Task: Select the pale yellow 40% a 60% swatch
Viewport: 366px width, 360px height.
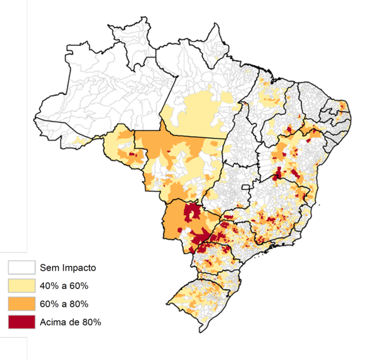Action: tap(22, 286)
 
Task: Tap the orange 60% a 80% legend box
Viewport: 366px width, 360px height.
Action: tap(22, 304)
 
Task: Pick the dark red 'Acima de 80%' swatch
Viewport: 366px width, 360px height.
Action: tap(22, 322)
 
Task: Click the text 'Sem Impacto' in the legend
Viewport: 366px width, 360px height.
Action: tap(68, 267)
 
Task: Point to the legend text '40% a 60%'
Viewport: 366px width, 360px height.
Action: tap(64, 286)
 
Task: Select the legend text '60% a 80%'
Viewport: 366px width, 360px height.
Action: tap(64, 304)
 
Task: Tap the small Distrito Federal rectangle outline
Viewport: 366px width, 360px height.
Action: tap(246, 187)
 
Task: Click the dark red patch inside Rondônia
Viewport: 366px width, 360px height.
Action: tap(132, 154)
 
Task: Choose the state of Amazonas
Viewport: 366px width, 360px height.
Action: tap(104, 93)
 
